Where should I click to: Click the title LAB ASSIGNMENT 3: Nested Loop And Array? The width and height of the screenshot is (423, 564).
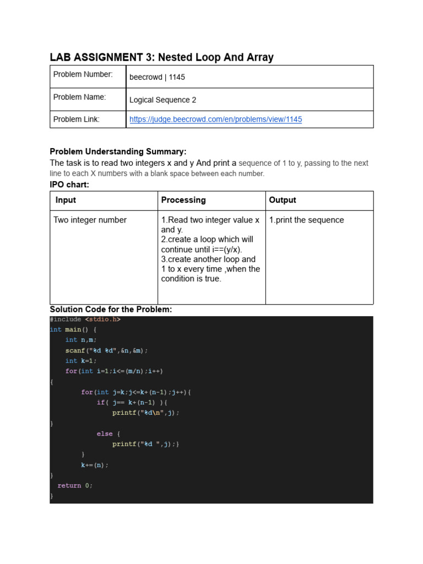click(x=161, y=57)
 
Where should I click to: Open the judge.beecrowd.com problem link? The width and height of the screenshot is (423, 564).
click(x=215, y=119)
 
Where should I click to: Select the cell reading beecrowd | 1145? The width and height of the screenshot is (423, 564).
click(x=157, y=77)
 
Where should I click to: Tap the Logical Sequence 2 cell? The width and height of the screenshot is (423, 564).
click(x=162, y=100)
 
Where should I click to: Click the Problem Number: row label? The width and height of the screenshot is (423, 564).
click(x=83, y=74)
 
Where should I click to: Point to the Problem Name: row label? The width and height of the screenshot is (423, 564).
click(x=79, y=97)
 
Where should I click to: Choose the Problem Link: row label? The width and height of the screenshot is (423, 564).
click(x=77, y=119)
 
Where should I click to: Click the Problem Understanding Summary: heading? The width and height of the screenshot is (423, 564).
click(x=118, y=151)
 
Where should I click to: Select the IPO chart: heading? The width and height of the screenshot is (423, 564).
click(x=69, y=185)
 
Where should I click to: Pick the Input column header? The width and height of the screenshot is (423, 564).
click(x=66, y=200)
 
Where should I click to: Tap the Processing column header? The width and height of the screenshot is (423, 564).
click(x=183, y=200)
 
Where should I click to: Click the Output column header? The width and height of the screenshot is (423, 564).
click(x=283, y=200)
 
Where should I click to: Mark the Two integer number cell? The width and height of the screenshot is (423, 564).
click(x=90, y=220)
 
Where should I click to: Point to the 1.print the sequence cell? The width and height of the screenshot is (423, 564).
click(x=306, y=220)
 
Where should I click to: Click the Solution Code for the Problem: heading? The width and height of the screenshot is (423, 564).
click(x=111, y=310)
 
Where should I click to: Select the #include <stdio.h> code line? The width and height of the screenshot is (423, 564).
click(x=85, y=319)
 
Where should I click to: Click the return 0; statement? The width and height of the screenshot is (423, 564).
click(x=75, y=485)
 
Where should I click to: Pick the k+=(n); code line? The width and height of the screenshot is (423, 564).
click(x=95, y=465)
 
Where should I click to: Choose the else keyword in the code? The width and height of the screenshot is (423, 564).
click(x=104, y=433)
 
